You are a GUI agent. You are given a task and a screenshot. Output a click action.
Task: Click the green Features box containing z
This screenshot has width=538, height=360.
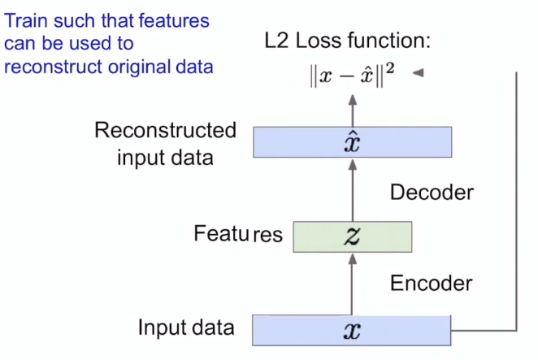352,236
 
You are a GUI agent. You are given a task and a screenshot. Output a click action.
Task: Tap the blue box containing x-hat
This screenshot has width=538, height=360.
352,142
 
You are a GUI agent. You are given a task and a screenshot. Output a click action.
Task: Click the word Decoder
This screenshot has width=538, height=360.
431,193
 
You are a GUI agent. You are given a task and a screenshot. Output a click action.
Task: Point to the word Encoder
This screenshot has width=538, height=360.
431,284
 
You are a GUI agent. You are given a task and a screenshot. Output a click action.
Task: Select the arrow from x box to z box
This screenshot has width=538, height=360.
352,284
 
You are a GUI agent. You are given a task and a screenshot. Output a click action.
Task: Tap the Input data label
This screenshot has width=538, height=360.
186,328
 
